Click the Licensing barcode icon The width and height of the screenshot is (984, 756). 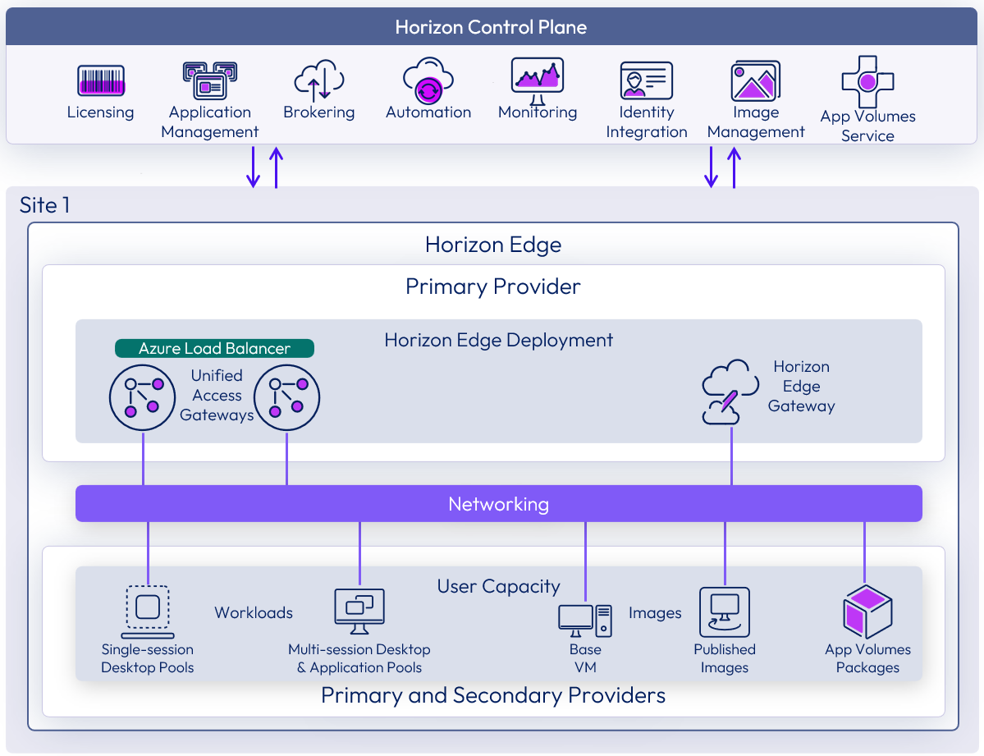coord(101,81)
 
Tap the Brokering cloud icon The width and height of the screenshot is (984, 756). coord(318,80)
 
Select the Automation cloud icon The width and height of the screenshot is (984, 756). coord(428,80)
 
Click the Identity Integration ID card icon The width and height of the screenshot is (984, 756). coord(646,80)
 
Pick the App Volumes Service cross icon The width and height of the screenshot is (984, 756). coord(867,82)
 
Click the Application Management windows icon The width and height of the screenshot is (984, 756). coord(209,80)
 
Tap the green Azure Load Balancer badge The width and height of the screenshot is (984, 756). coord(214,348)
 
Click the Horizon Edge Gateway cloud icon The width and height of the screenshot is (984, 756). coord(730,392)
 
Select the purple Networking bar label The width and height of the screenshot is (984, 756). coord(498,503)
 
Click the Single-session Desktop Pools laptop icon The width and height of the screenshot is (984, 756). coord(148,612)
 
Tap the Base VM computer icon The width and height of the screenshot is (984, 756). coord(585,621)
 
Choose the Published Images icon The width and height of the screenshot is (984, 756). coord(724,612)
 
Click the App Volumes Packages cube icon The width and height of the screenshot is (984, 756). coord(867,612)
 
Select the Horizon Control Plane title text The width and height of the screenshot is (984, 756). coord(491,28)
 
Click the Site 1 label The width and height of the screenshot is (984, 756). coord(44,204)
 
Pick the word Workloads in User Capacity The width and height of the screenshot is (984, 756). coord(254,612)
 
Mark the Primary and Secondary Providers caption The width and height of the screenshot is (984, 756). coord(492,696)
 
